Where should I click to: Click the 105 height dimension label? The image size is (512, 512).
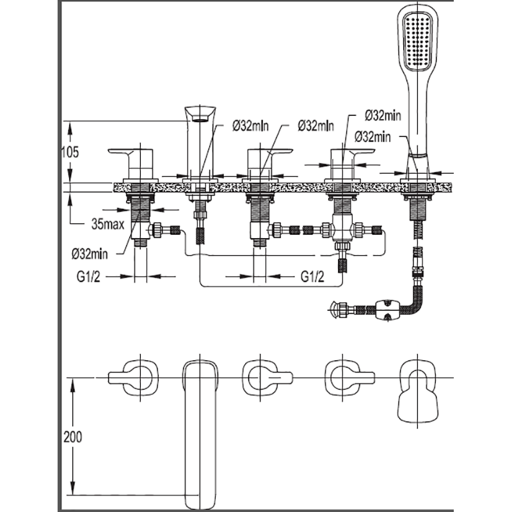(x=70, y=152)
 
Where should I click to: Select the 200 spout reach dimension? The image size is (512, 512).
(x=73, y=437)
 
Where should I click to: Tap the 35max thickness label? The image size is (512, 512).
(x=108, y=224)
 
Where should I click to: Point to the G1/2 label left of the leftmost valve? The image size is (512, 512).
(x=88, y=277)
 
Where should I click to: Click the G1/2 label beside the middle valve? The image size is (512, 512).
(x=312, y=277)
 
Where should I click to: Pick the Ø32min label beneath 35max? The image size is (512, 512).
(x=90, y=253)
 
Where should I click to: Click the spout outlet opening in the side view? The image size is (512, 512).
(x=200, y=118)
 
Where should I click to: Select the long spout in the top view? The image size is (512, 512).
(x=200, y=435)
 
